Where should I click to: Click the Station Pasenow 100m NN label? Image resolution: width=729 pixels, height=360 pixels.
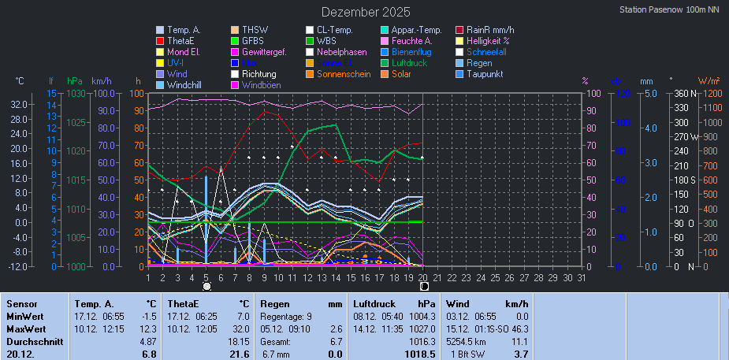coord(669,10)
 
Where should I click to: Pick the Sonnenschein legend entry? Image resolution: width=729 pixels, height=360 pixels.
coord(344,74)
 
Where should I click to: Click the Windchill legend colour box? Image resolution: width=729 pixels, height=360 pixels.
coord(160,85)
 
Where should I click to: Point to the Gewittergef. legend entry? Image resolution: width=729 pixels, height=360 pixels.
coord(269,52)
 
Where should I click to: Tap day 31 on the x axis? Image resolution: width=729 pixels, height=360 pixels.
coord(582,277)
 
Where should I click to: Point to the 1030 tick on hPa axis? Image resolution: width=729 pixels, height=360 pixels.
coord(76,93)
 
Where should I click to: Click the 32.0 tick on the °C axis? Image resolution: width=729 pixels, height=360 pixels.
coord(20,105)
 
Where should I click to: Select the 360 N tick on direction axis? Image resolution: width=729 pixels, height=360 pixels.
coord(682,93)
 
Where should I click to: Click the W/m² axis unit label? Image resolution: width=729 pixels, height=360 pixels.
coord(707,80)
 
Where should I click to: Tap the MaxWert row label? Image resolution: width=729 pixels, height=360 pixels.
coord(25,328)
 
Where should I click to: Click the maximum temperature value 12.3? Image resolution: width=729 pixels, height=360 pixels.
coord(147,328)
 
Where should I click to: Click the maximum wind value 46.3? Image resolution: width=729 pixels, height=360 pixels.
coord(520,328)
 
